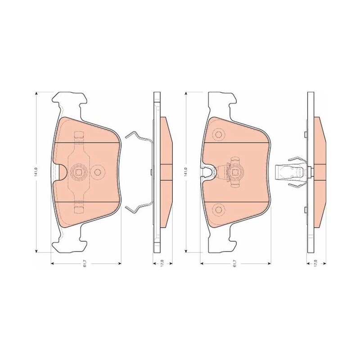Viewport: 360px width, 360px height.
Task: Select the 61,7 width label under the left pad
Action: tap(85, 264)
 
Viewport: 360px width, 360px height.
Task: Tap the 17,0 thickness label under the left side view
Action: tap(162, 263)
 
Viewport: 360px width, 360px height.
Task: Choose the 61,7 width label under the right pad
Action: tap(235, 264)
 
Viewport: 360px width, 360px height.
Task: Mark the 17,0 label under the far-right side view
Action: tap(316, 263)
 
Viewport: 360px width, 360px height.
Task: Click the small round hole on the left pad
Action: tap(98, 172)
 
